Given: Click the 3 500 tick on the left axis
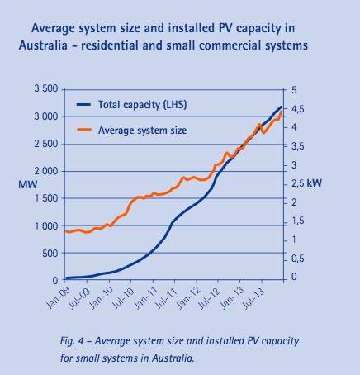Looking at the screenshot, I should click(43, 88).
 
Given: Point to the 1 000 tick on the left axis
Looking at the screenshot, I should click(43, 225).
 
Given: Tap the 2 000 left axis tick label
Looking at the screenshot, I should click(43, 171).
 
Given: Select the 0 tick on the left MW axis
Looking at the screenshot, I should click(54, 281).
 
